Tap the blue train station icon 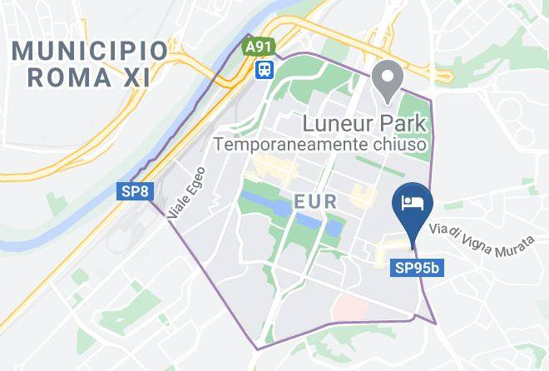pos(265,68)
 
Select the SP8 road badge pos(136,192)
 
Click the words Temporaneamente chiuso pos(321,145)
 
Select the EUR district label pos(315,201)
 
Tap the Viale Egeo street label pos(185,196)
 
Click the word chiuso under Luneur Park pos(398,145)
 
